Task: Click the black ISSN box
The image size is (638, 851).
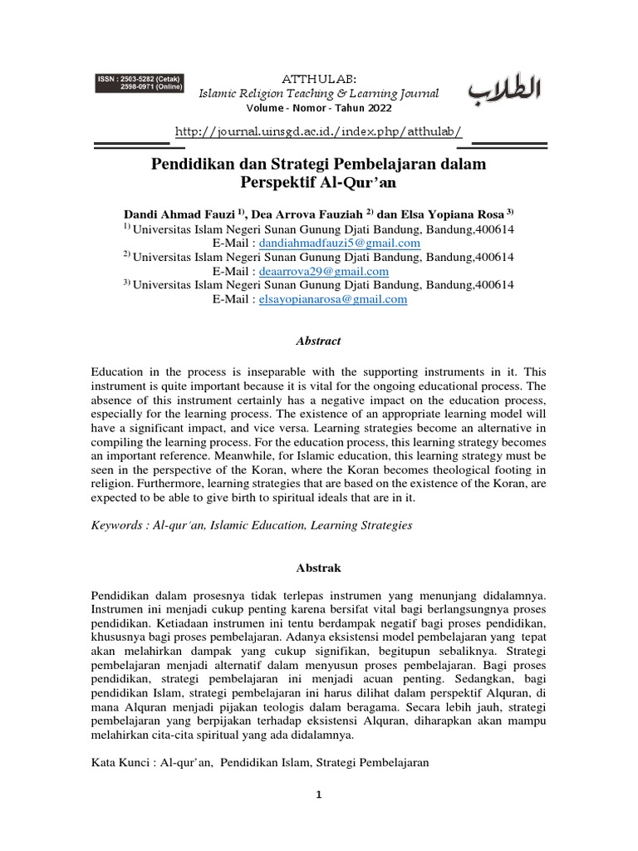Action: (139, 83)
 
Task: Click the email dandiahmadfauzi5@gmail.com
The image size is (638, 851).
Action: (340, 243)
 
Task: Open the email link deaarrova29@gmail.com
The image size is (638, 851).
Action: (324, 271)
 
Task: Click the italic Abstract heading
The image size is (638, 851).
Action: (319, 341)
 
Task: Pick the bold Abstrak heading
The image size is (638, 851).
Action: (319, 568)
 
